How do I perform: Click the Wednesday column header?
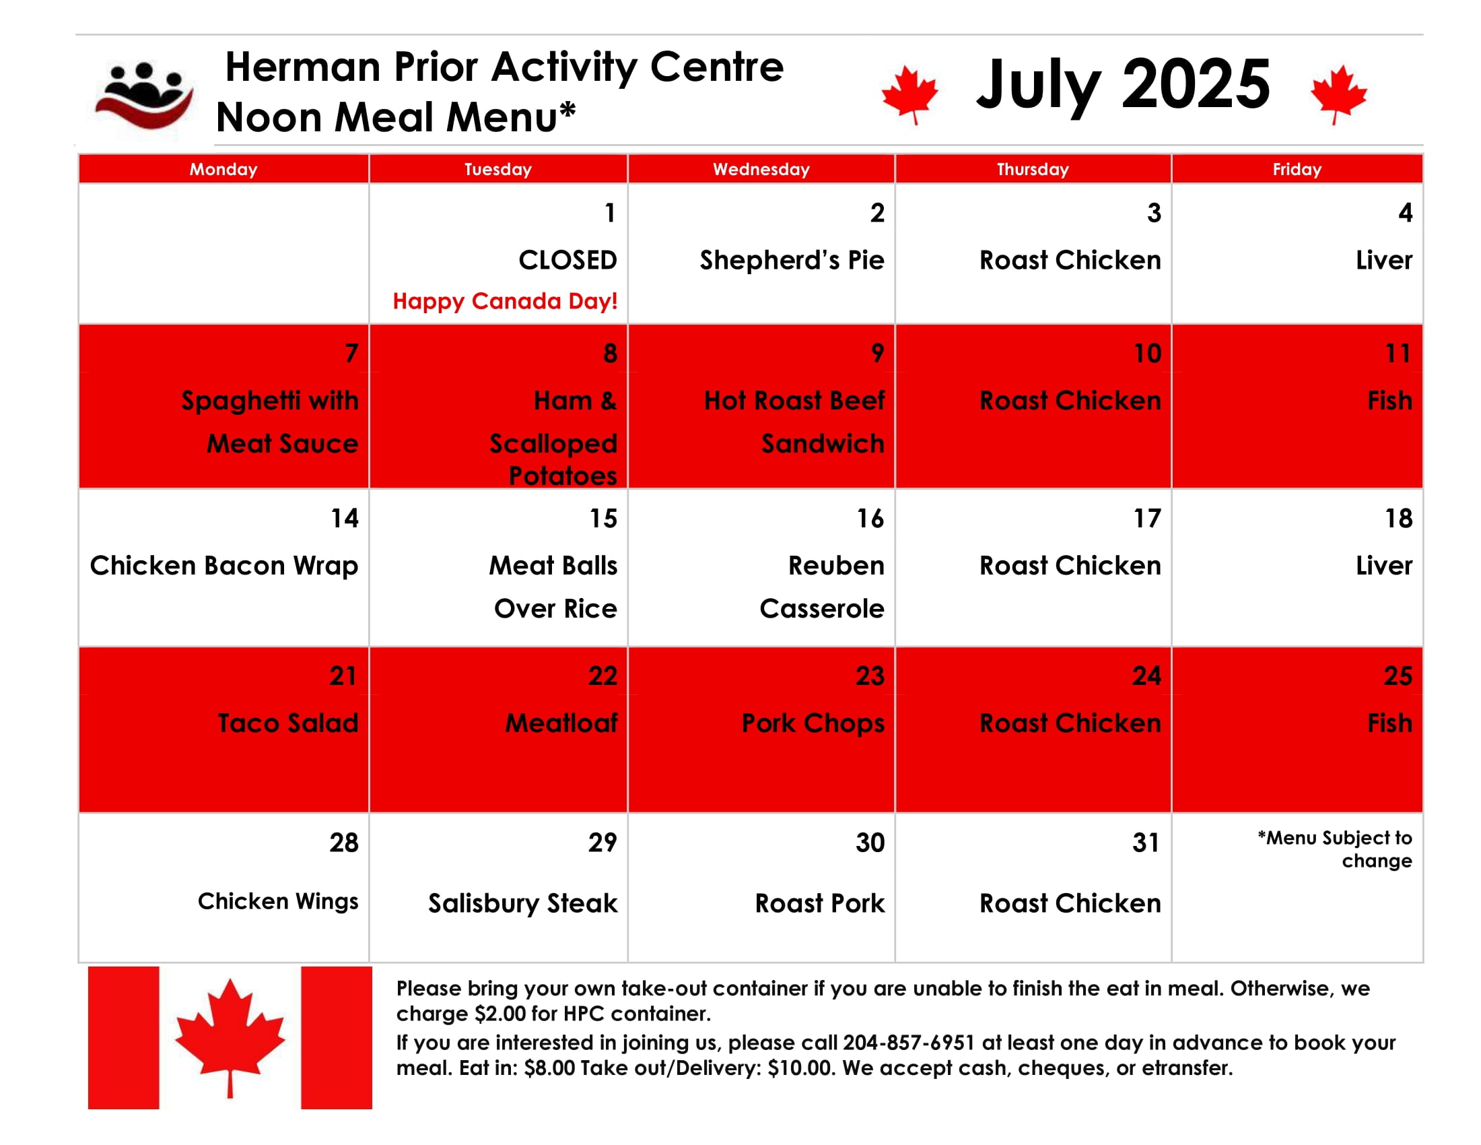(761, 169)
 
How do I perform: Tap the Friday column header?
(1297, 169)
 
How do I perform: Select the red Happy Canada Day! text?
(505, 300)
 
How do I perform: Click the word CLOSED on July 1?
(567, 260)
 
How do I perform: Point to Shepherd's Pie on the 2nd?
(792, 260)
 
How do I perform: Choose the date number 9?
(876, 353)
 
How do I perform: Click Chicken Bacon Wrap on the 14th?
(223, 566)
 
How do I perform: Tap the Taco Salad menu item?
(287, 723)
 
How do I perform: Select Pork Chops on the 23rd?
(813, 723)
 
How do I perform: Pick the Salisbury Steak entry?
(523, 903)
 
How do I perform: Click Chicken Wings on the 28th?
(278, 901)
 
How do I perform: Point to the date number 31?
(1146, 843)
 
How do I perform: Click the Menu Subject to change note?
(1334, 849)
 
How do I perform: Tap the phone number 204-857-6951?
(909, 1043)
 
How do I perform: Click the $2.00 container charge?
(500, 1014)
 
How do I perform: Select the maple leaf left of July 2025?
(909, 94)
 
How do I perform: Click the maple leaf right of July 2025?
(1338, 94)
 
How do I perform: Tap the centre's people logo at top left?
(145, 95)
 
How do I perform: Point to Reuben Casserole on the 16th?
(822, 587)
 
